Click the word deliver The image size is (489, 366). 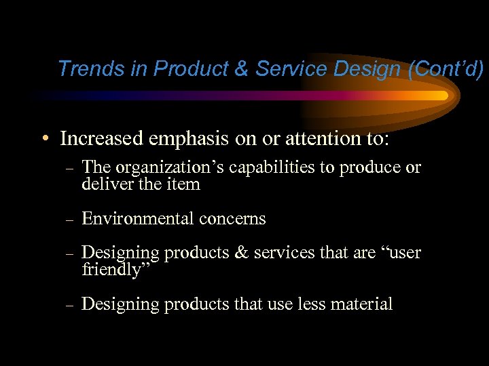pyautogui.click(x=103, y=184)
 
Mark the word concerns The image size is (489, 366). pyautogui.click(x=233, y=219)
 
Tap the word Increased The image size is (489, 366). pyautogui.click(x=102, y=138)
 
